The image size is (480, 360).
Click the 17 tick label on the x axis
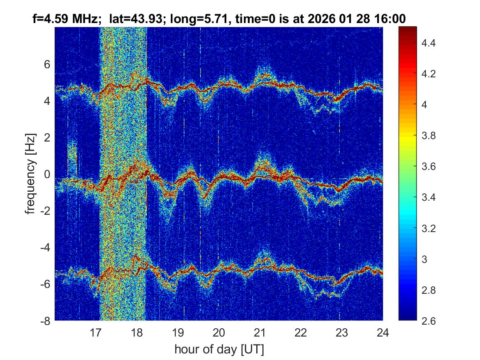[96, 332]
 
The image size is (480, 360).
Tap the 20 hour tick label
[219, 332]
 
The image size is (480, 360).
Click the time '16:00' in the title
[392, 19]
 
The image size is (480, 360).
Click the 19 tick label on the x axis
[178, 332]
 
